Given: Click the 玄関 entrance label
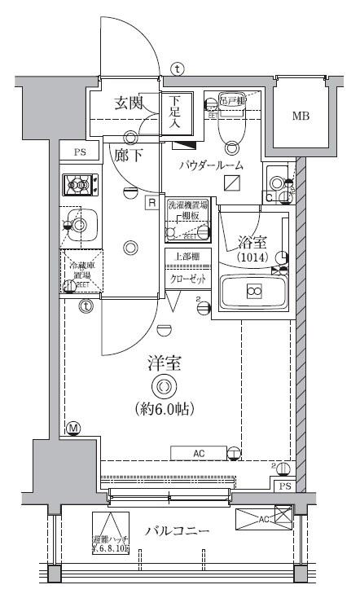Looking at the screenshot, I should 129,103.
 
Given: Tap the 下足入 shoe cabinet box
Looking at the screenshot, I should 176,112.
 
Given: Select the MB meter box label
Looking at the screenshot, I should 301,116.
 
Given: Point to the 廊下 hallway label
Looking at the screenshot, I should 128,155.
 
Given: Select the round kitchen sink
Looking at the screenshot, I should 79,222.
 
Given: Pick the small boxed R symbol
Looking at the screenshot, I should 151,203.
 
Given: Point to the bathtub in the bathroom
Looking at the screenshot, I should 253,291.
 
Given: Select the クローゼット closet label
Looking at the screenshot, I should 187,279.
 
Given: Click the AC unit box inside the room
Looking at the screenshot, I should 199,453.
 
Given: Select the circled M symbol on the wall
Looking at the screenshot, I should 72,428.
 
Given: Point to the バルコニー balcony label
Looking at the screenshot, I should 178,531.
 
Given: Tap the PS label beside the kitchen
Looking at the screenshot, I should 79,152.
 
